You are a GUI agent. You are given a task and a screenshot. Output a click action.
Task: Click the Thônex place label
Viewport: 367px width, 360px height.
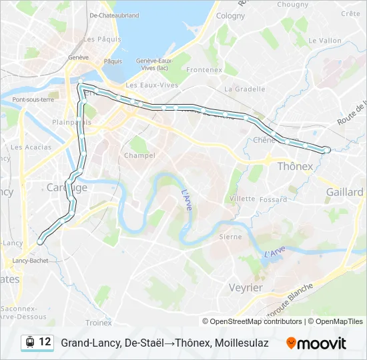pos(295,166)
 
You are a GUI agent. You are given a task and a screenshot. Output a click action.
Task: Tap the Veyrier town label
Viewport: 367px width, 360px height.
pos(245,287)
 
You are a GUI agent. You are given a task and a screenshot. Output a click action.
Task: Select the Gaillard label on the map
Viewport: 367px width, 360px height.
pos(345,191)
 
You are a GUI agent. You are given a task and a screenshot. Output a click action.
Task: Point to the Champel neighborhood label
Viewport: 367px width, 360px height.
pos(139,155)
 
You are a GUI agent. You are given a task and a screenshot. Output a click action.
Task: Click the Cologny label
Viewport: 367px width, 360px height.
pos(230,15)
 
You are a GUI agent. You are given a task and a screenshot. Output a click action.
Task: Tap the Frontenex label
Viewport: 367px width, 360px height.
pos(204,69)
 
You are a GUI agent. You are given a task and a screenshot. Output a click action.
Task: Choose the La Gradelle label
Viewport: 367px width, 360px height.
pos(242,89)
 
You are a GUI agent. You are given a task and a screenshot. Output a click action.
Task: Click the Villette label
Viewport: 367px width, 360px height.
pos(242,199)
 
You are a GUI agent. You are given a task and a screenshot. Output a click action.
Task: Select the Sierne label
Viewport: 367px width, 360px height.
pos(231,237)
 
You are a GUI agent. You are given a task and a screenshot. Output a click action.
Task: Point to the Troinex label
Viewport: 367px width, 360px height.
pos(99,323)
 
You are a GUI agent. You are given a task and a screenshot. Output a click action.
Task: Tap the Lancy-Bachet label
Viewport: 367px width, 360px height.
pos(31,261)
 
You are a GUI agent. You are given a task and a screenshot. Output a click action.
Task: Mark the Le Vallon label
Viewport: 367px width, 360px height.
pos(325,40)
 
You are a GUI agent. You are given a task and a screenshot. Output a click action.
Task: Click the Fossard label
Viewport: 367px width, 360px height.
pos(274,199)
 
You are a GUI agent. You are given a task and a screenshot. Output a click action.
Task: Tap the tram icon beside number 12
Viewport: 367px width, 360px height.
pos(29,343)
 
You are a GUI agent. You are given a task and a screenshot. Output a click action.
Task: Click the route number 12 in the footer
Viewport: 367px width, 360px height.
pos(45,342)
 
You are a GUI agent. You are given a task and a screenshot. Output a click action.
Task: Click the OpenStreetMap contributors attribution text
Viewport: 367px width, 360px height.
pos(256,321)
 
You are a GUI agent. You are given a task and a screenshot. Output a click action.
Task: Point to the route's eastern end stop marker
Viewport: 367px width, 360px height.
pos(326,150)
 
